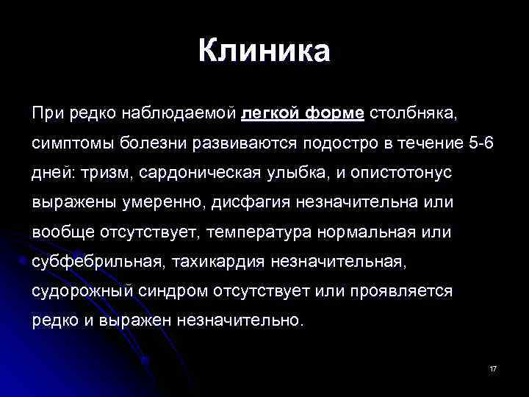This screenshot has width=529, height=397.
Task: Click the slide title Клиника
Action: pyautogui.click(x=264, y=51)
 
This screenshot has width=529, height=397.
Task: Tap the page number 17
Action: pyautogui.click(x=493, y=368)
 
